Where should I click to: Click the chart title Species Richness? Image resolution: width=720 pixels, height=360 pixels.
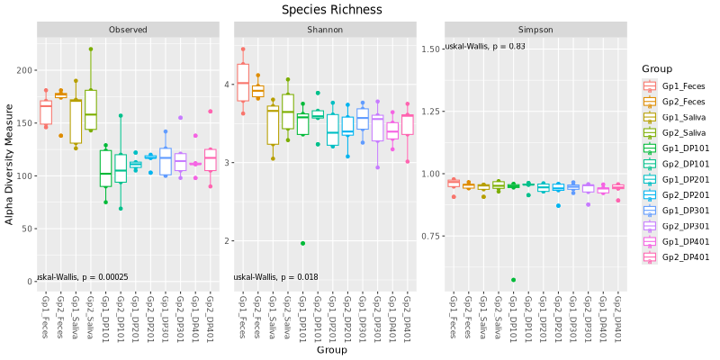point(331,10)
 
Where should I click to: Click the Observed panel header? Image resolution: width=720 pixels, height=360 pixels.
point(128,30)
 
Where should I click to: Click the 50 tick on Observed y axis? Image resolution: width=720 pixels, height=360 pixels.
point(26,229)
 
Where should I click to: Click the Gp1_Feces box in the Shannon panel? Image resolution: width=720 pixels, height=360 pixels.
point(243,83)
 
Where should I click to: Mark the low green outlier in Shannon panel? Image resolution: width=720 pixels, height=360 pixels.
point(302,243)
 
